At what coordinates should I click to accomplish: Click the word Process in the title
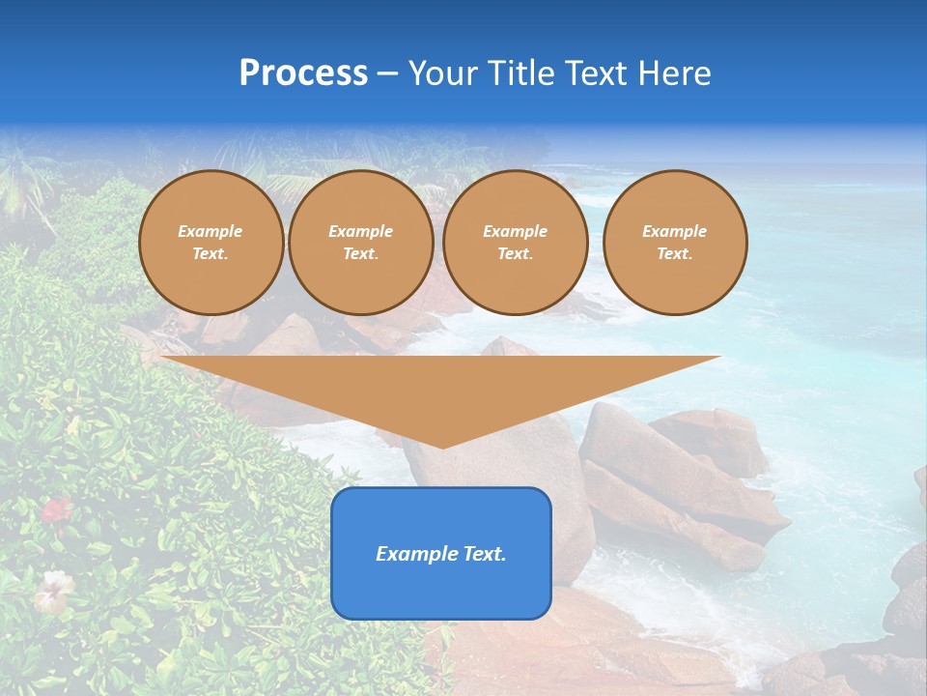coord(303,73)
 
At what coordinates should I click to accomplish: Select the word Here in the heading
coord(675,73)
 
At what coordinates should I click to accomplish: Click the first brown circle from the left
coord(211,243)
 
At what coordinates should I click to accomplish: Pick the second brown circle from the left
coord(361,243)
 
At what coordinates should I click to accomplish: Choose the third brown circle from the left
coord(516,243)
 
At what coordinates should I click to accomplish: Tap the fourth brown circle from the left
coord(675,243)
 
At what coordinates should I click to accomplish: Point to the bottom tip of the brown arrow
coord(442,446)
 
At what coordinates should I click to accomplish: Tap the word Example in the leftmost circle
coord(211,232)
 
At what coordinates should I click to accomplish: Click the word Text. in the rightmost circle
coord(675,254)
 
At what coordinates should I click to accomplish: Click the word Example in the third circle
coord(516,232)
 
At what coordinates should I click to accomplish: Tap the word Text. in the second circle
coord(361,254)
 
